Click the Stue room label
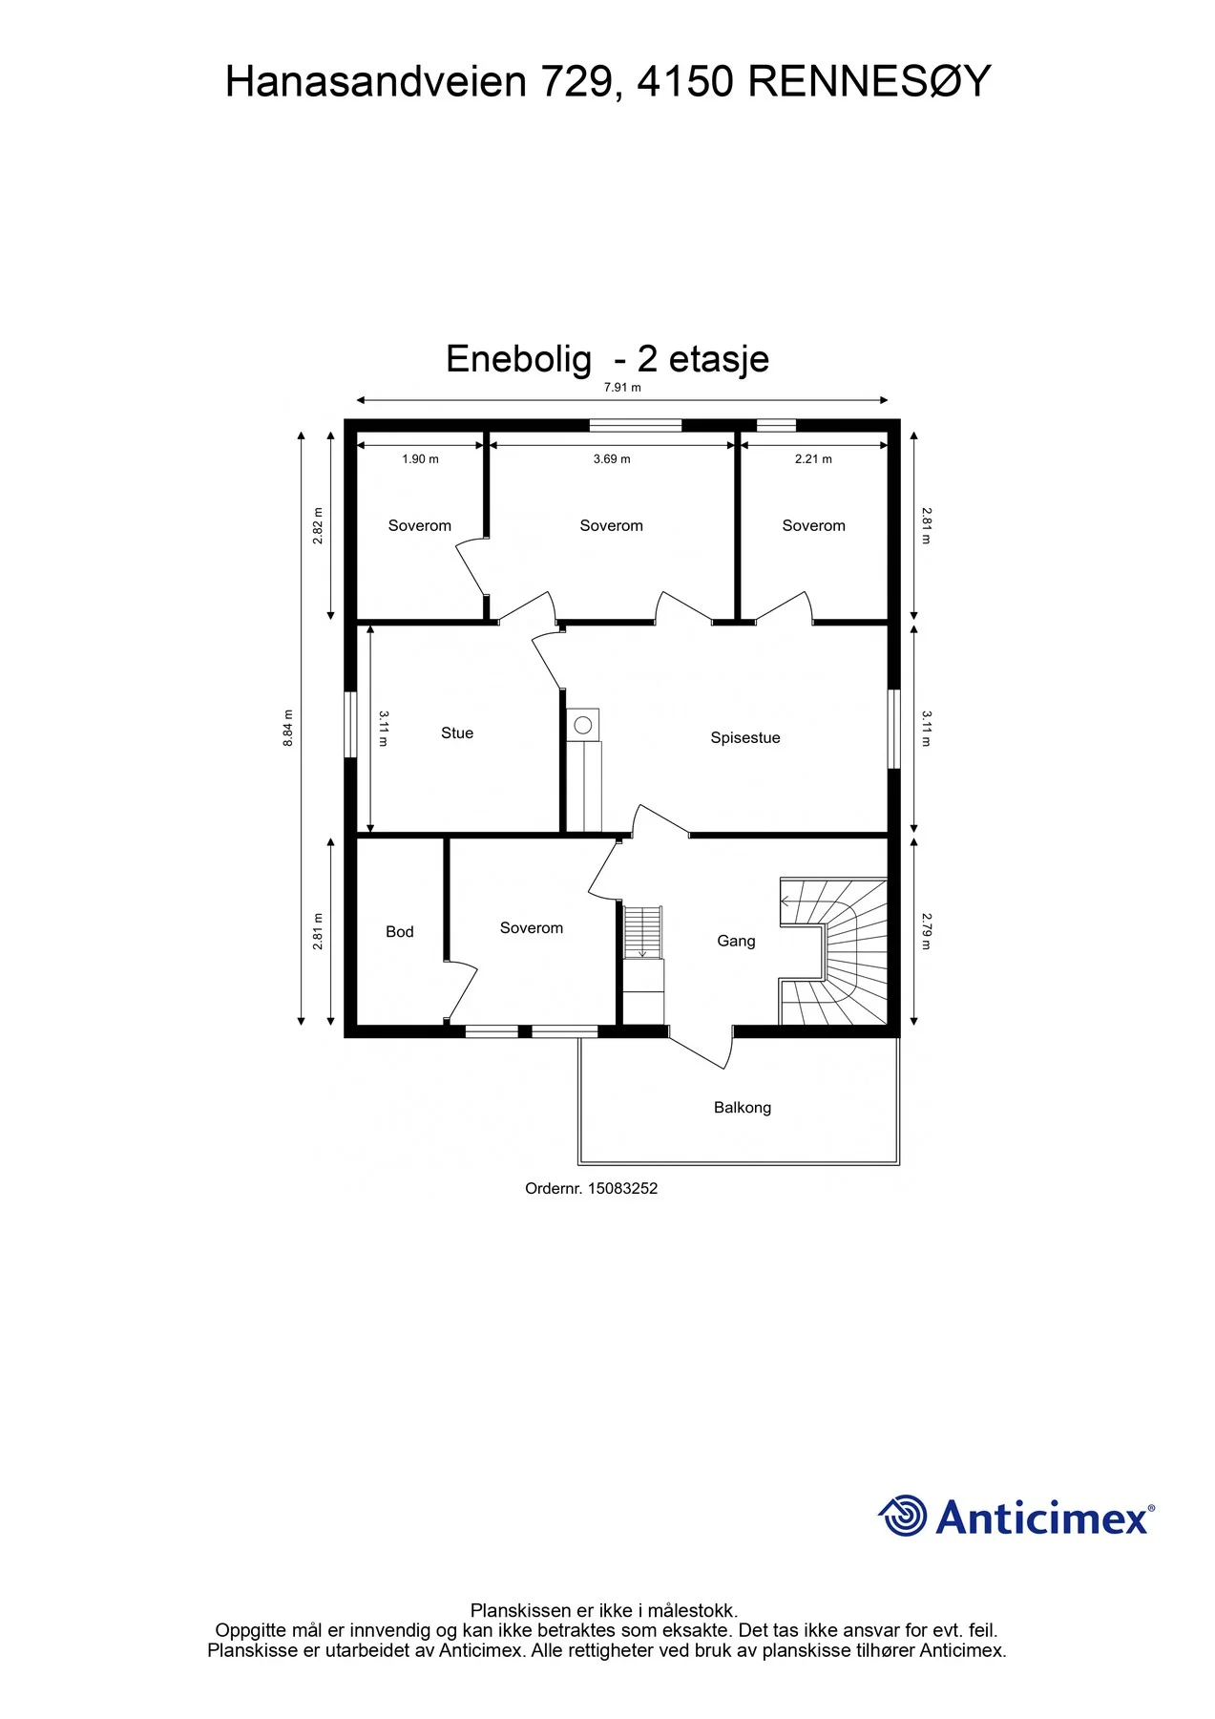tap(457, 732)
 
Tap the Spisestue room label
tap(745, 737)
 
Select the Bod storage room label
tap(400, 931)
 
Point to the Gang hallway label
tap(736, 941)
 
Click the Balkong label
tap(743, 1107)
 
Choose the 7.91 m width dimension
tap(622, 388)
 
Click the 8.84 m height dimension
tap(288, 728)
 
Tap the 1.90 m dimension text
tap(420, 459)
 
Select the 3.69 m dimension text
tap(612, 459)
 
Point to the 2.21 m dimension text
tap(813, 459)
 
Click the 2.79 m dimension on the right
tap(926, 931)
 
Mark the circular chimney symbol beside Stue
tap(583, 726)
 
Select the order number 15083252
tap(622, 1188)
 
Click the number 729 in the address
tap(576, 82)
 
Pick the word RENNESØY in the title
tap(870, 82)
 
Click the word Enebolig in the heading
tap(518, 359)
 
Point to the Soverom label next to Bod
tap(532, 927)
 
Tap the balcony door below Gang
tap(701, 1048)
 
